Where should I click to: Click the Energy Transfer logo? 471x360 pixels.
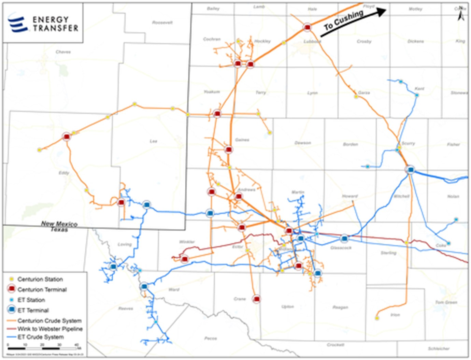tap(43, 23)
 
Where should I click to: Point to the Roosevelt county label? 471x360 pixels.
tap(162, 23)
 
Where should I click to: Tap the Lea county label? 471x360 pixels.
tap(154, 141)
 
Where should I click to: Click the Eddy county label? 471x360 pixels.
tap(64, 173)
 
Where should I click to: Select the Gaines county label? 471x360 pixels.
tap(242, 140)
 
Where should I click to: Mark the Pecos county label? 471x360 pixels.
tap(211, 339)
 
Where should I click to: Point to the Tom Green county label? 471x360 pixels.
tap(446, 302)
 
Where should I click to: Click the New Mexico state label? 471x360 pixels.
tap(59, 224)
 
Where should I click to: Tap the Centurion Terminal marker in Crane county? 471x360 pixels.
tap(257, 299)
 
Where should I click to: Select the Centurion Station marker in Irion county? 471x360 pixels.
tap(377, 318)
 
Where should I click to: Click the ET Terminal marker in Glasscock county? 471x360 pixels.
tap(344, 238)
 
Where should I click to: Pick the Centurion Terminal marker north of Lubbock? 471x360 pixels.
tap(307, 27)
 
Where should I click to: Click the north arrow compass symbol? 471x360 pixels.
tap(461, 14)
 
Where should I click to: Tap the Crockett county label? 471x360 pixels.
tap(335, 345)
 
